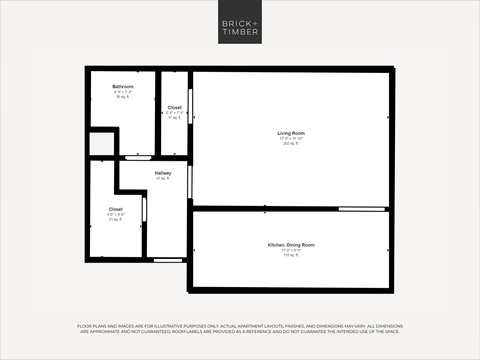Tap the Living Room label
point(291,133)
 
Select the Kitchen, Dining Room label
point(291,245)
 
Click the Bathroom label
point(122,87)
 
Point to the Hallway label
point(163,173)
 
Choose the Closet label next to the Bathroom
point(175,107)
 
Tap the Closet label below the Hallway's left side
point(116,209)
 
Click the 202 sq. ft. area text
point(291,144)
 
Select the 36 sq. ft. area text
point(122,97)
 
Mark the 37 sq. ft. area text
point(163,179)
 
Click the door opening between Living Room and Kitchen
point(362,209)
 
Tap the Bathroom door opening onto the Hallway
point(137,158)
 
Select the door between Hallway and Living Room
point(190,180)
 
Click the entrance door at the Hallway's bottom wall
point(168,260)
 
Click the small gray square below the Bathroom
point(101,144)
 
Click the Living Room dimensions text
point(291,139)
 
